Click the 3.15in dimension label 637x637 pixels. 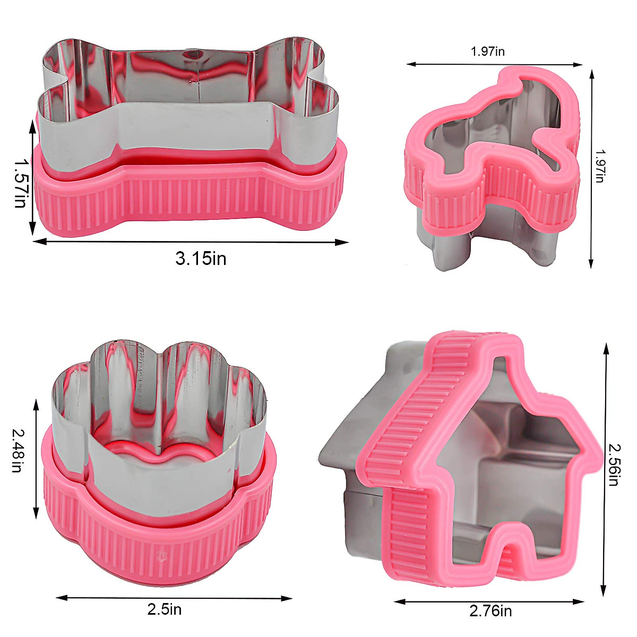[201, 259]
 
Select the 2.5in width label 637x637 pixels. [164, 609]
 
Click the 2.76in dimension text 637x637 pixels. [490, 611]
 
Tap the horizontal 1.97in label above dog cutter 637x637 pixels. [487, 51]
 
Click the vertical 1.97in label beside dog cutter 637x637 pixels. [599, 166]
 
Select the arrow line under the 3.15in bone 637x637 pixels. [191, 242]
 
